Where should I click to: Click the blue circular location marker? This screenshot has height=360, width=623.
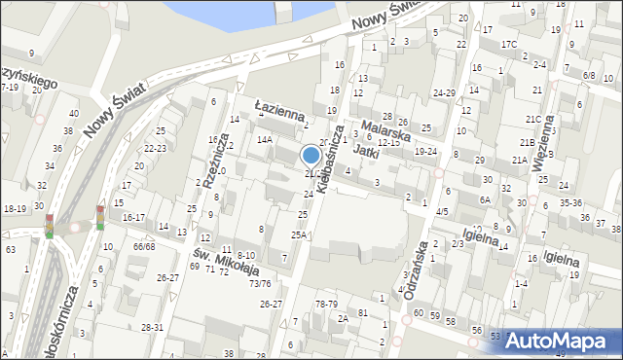(311, 156)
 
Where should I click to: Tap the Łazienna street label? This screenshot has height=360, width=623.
(279, 114)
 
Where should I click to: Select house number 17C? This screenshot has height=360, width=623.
(508, 45)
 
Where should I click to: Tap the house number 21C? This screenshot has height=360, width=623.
(532, 119)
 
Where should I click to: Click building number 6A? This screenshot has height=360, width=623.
(484, 199)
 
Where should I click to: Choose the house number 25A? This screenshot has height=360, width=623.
(299, 234)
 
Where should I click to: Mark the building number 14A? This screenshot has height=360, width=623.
(264, 139)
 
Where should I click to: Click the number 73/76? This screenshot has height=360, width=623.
(259, 284)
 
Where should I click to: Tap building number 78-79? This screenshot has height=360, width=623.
(326, 305)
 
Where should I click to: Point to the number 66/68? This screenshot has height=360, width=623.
(144, 246)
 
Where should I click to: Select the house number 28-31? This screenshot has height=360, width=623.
(153, 328)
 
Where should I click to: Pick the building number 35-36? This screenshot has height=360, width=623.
(570, 203)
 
